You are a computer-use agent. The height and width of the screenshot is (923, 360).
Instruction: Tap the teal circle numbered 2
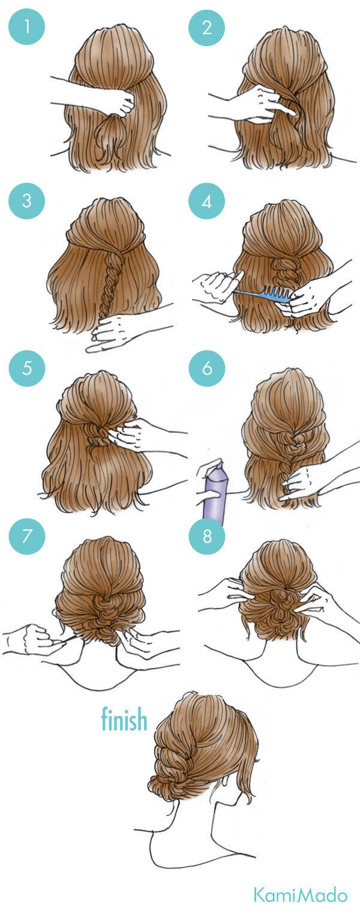207,27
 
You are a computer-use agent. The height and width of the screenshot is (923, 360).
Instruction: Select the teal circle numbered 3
27,200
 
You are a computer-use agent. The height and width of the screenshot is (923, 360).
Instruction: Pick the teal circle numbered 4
207,202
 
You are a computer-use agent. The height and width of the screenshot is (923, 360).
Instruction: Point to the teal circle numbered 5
27,368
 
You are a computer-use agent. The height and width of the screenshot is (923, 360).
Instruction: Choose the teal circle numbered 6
207,368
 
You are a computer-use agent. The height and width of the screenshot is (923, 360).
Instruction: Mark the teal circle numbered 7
27,536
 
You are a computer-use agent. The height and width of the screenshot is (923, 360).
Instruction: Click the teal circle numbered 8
207,536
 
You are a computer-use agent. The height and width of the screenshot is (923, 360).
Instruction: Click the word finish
124,719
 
